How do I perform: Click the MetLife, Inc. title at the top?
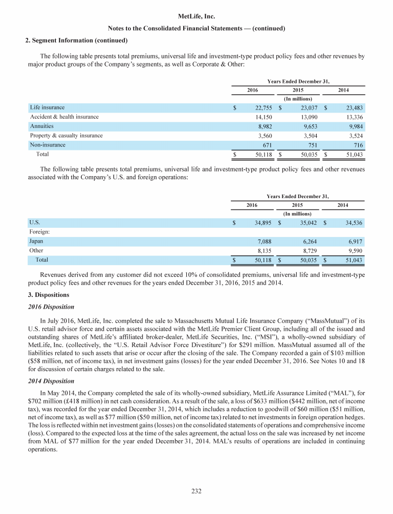[196, 17]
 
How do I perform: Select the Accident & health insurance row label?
[64, 117]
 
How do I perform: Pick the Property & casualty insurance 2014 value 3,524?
[353, 136]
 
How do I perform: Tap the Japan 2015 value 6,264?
[310, 242]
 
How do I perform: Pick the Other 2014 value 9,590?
[353, 251]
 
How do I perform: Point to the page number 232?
[196, 492]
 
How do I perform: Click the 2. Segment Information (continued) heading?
[76, 40]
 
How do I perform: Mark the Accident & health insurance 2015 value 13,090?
[308, 117]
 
